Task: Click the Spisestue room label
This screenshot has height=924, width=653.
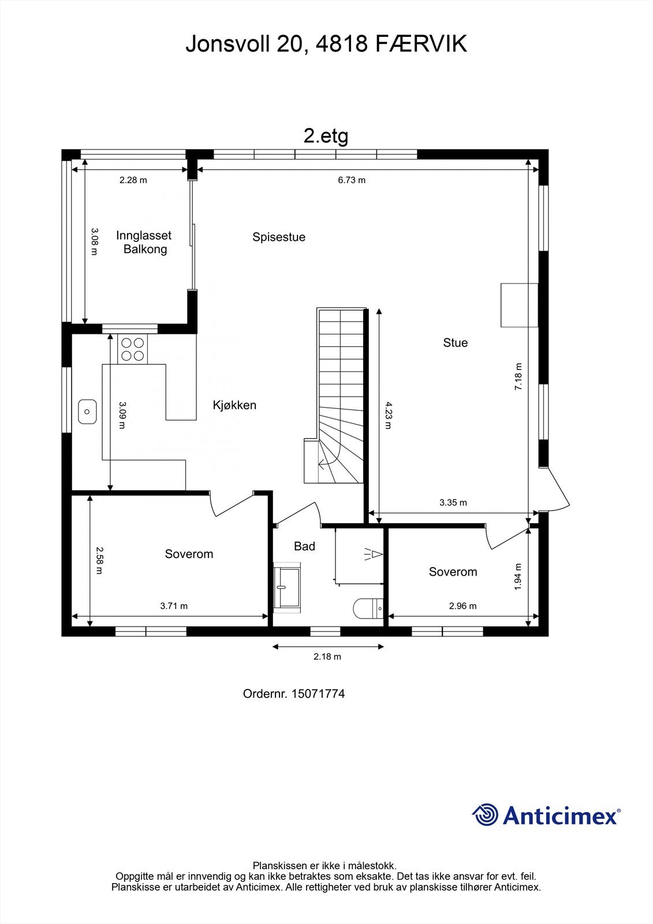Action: tap(279, 237)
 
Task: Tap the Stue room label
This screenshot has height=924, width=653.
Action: tap(456, 343)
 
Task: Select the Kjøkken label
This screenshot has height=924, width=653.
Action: tap(234, 405)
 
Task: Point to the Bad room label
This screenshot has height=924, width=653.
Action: tap(304, 546)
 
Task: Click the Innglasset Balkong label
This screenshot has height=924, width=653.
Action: tap(144, 242)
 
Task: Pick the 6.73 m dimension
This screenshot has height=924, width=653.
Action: tap(352, 180)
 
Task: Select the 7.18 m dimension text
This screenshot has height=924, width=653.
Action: tap(518, 376)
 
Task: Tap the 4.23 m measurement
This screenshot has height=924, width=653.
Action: tap(388, 415)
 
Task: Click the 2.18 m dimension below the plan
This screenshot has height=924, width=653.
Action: tap(327, 657)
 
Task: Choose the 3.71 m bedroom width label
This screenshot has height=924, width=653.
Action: tap(174, 606)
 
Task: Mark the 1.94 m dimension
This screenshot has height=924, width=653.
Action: tap(518, 577)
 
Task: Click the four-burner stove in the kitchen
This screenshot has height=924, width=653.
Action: tap(132, 349)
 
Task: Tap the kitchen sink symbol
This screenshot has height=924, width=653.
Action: tap(87, 412)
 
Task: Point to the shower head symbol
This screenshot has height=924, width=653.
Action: tap(374, 554)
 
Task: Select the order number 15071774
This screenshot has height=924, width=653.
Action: tap(318, 694)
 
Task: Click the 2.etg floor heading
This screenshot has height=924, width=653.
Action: tap(326, 136)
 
